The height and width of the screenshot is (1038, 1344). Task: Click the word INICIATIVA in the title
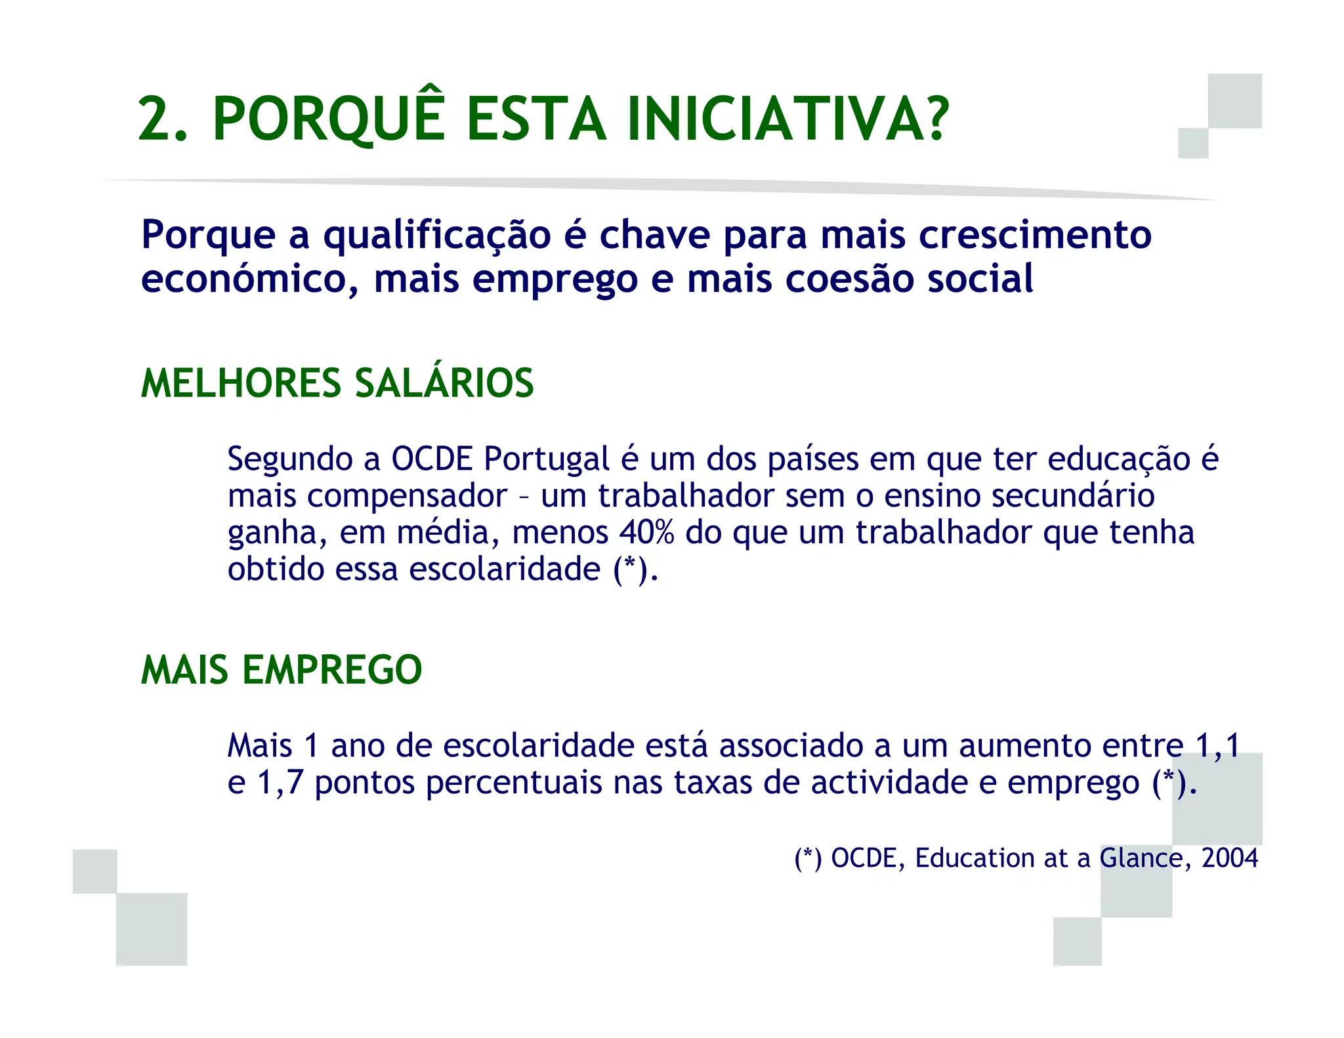coord(787,119)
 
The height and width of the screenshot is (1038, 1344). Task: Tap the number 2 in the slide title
coord(155,119)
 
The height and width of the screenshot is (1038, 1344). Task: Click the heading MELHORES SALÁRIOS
coord(337,383)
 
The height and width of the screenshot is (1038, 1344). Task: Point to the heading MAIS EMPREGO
coord(282,670)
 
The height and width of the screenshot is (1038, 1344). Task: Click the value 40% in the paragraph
coord(646,532)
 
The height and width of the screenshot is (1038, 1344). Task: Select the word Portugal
coord(547,459)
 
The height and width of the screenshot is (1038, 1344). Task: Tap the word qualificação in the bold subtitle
coord(437,235)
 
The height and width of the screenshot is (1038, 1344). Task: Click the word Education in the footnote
coord(991,858)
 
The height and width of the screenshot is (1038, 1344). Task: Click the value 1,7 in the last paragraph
coord(280,783)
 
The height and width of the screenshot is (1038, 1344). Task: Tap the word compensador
coord(407,496)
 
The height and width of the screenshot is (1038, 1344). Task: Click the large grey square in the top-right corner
coord(1234,101)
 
